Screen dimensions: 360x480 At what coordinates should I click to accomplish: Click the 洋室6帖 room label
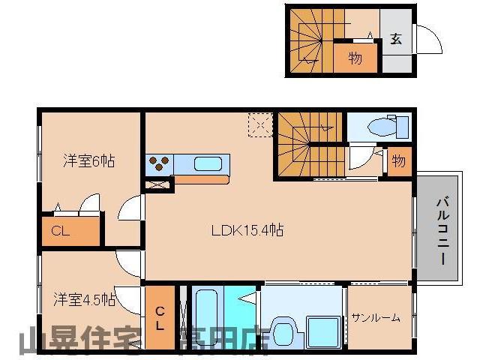coord(88,160)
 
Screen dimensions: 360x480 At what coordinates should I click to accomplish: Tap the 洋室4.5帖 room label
coord(84,299)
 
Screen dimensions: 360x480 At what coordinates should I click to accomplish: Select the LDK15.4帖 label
coord(247,229)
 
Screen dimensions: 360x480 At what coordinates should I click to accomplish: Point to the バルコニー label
coord(441,230)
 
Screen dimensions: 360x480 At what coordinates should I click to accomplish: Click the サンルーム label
coord(375,317)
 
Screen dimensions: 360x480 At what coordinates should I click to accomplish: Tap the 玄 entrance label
coord(395,40)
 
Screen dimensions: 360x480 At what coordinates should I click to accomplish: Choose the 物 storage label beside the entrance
coord(355,58)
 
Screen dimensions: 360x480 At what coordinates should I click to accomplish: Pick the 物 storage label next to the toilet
coord(398,161)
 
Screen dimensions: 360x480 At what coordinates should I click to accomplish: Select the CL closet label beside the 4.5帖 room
coord(160,318)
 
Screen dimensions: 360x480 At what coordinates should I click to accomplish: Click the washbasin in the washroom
coord(281,331)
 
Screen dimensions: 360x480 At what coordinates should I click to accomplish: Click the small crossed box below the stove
coord(158,184)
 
